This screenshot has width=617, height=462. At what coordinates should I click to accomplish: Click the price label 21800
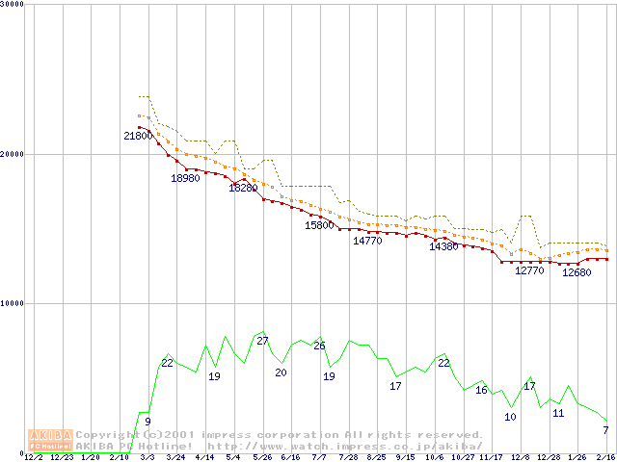tap(138, 136)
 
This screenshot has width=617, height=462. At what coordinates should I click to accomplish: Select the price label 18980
tap(185, 178)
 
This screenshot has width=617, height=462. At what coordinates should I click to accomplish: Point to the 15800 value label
tap(319, 225)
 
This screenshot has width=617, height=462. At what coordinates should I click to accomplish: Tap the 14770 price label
tap(367, 241)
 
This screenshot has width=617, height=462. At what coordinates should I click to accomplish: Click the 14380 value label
tap(443, 246)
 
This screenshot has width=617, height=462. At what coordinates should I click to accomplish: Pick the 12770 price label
tap(529, 270)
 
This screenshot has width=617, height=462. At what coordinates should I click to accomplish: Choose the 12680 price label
tap(577, 272)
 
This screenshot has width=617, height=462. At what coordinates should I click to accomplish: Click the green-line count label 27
tap(262, 342)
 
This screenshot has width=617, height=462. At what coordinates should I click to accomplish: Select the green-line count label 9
tap(148, 421)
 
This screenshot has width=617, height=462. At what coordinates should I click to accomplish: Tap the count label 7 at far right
tap(605, 429)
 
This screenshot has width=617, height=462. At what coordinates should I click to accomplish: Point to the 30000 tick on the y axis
tap(14, 5)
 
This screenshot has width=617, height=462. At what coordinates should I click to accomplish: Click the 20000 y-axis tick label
tap(14, 154)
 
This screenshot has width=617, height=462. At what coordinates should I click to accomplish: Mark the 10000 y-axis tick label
tap(14, 303)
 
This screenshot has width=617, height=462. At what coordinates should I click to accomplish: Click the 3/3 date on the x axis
tap(148, 457)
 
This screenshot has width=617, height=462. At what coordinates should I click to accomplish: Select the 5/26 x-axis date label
tap(261, 457)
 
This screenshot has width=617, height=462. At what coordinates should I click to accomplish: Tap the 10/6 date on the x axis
tap(433, 457)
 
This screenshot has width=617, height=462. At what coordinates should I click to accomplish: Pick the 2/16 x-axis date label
tap(605, 457)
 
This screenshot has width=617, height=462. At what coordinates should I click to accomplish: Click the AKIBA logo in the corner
tap(50, 440)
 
